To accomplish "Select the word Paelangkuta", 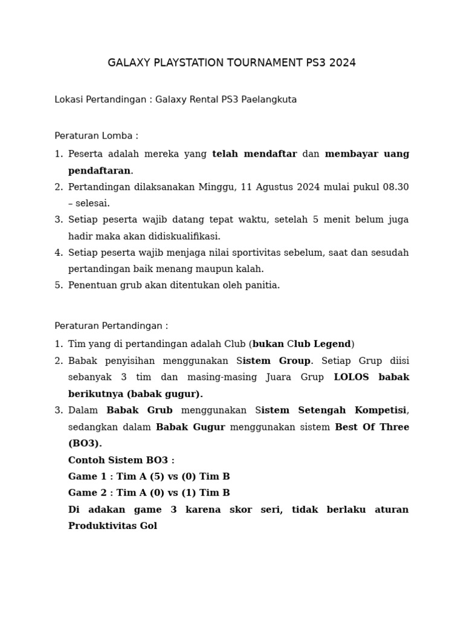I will (x=269, y=100).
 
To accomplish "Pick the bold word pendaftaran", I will (x=99, y=170).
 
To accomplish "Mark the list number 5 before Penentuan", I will (x=58, y=285).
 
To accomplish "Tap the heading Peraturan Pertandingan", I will (x=111, y=326).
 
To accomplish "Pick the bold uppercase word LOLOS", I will (x=350, y=377).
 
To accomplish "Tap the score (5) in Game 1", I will (x=155, y=476).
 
